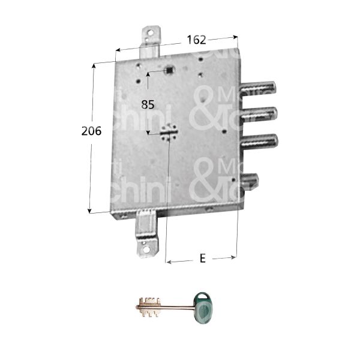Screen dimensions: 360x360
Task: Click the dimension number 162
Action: pyautogui.click(x=196, y=40)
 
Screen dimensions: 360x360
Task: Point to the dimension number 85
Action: pyautogui.click(x=148, y=104)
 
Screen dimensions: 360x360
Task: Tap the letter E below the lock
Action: pyautogui.click(x=202, y=259)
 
